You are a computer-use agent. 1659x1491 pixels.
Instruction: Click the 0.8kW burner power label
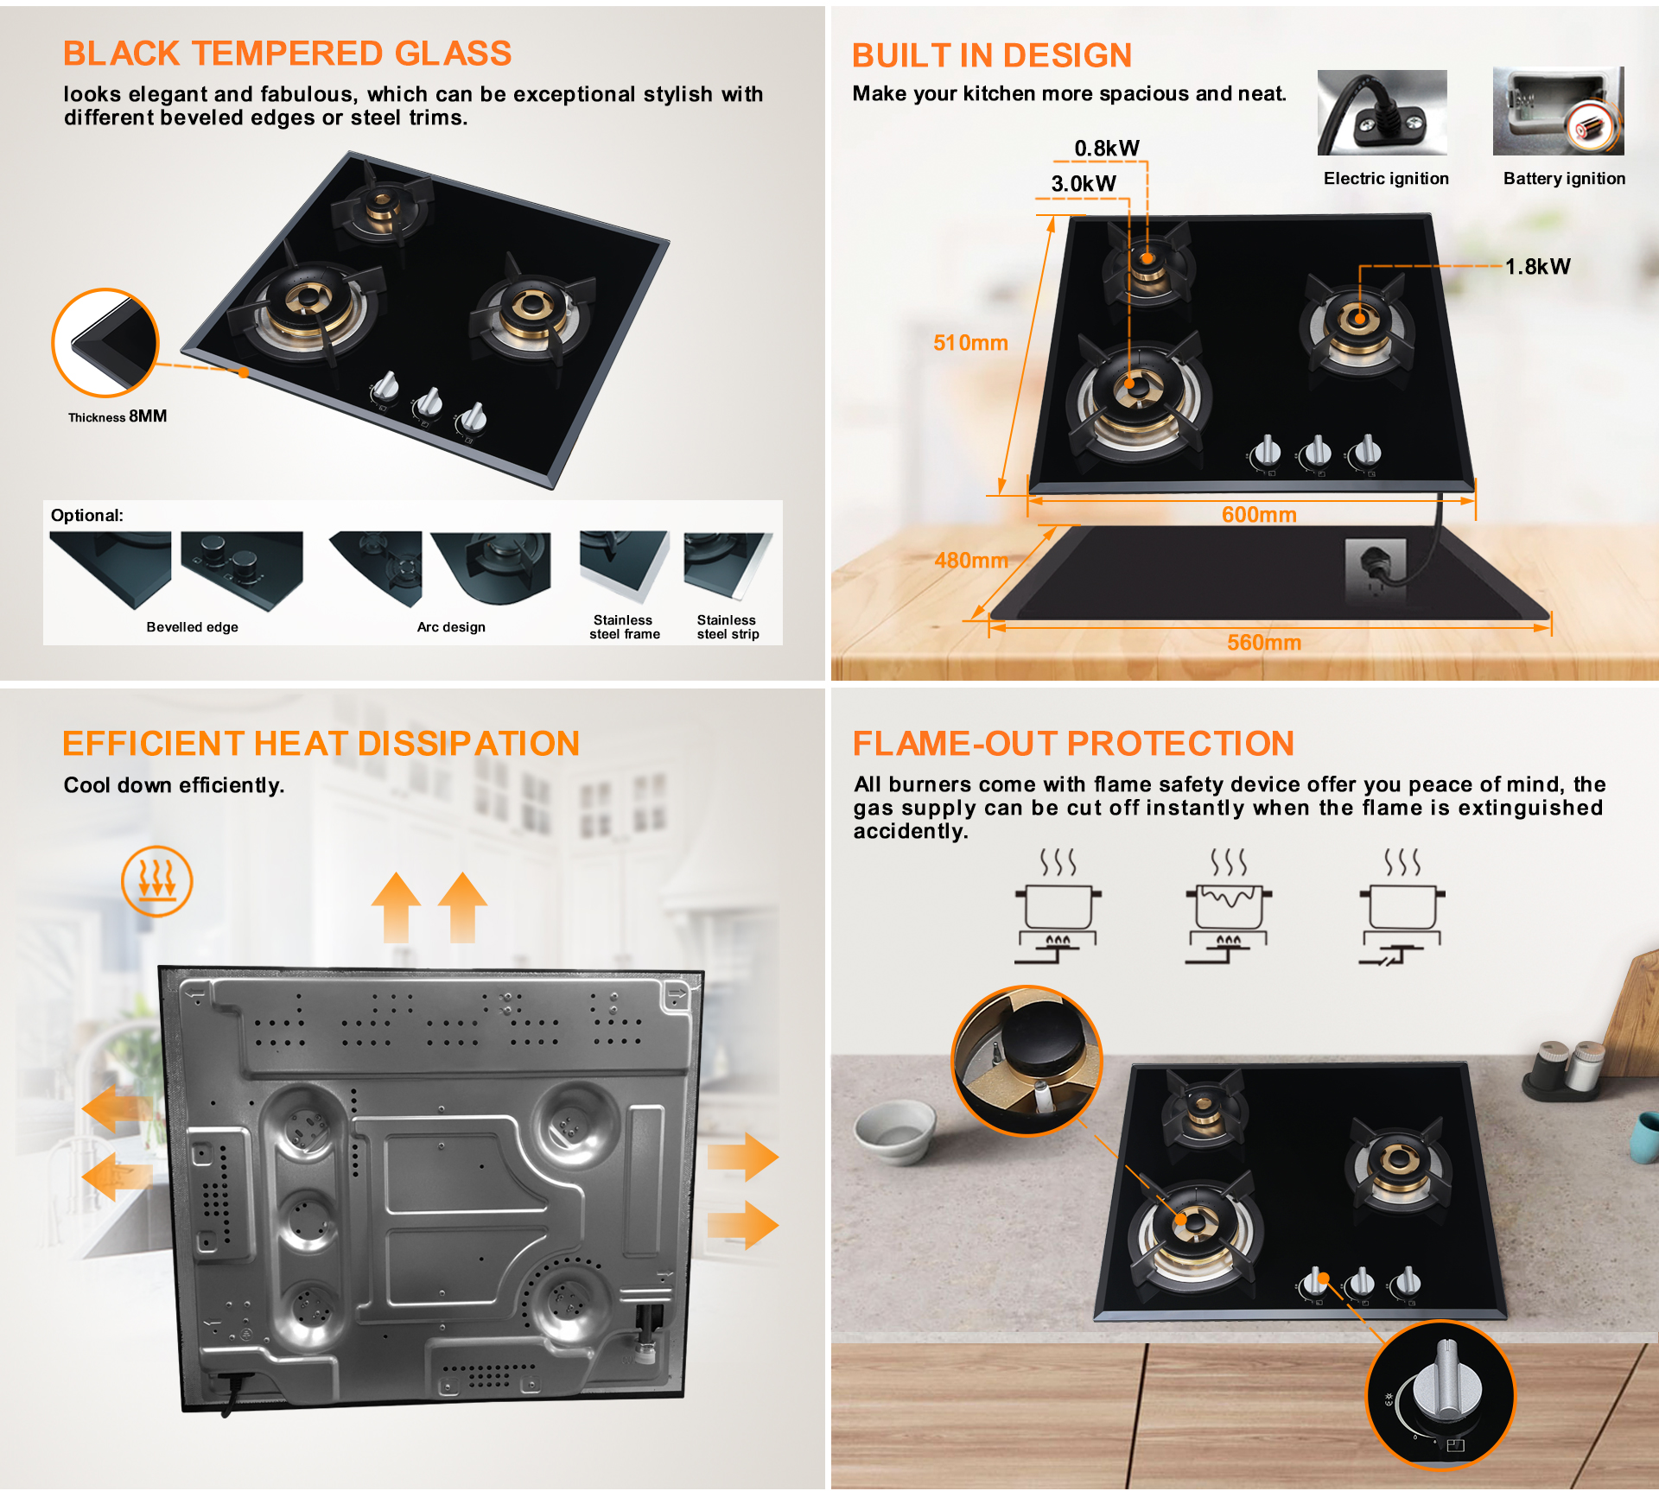(x=1107, y=149)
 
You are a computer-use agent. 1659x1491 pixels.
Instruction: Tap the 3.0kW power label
(x=1084, y=183)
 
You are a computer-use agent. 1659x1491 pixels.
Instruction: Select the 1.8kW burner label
(x=1538, y=267)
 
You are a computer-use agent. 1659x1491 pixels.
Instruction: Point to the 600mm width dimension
(x=1259, y=515)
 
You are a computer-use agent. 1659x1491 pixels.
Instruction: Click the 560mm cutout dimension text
(x=1264, y=643)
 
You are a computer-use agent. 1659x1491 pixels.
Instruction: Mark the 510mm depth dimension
(x=970, y=343)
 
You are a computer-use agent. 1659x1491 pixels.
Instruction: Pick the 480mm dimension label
(x=971, y=561)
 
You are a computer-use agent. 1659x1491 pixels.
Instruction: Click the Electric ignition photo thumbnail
(x=1382, y=112)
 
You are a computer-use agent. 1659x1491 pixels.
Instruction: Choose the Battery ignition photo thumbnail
(x=1559, y=111)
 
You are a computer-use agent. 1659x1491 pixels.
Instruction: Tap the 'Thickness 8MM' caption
(x=118, y=416)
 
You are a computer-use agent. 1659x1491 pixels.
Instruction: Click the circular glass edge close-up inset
(x=105, y=342)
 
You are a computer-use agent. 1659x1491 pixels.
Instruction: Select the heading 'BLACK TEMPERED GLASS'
(x=287, y=54)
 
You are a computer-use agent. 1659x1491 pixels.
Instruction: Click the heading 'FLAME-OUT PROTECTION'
(x=1073, y=744)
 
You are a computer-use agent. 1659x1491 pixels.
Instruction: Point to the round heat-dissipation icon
(x=156, y=881)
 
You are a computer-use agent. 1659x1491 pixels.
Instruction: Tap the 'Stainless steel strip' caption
(x=728, y=627)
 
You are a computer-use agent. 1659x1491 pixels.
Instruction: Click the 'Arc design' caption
(x=451, y=627)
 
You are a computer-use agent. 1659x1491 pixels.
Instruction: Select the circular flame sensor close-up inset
(x=1027, y=1061)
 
